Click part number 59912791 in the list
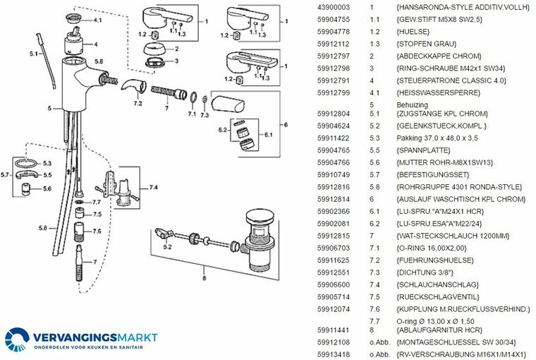click(334, 80)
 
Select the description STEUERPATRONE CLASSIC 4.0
click(451, 80)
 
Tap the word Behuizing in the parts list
click(413, 104)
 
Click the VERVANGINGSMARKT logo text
click(95, 337)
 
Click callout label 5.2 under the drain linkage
click(167, 247)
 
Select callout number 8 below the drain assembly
click(205, 278)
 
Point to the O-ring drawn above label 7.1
click(193, 97)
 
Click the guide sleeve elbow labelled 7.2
click(133, 88)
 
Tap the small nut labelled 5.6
click(26, 189)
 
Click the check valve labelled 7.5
click(80, 212)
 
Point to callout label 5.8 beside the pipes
click(43, 228)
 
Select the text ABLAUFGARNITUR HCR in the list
click(439, 330)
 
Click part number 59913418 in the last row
click(334, 354)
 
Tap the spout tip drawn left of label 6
click(228, 104)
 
